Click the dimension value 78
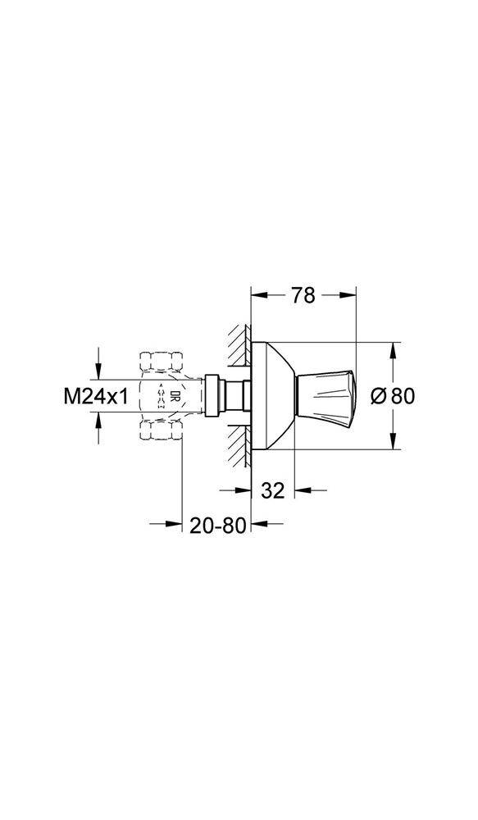[x=303, y=296]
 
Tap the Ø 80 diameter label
[x=393, y=396]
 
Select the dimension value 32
[x=272, y=490]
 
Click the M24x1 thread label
[x=97, y=396]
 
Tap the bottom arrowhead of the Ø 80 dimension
[x=394, y=443]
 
